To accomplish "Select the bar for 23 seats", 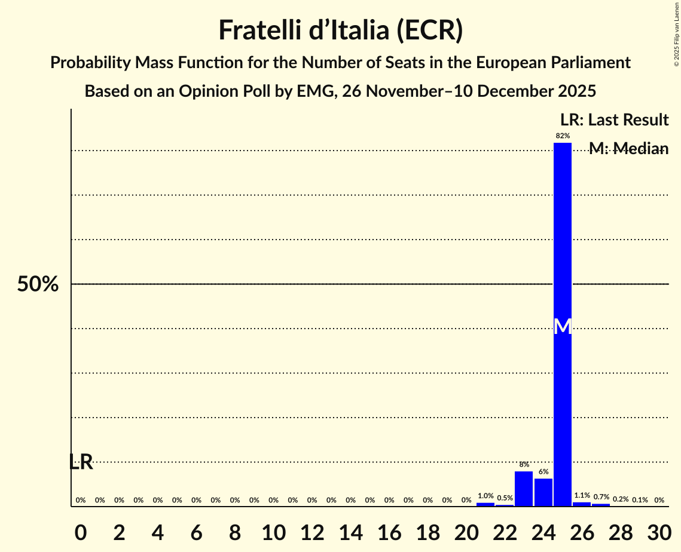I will (x=524, y=489).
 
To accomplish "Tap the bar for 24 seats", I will (x=543, y=492).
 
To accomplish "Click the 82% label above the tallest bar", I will (x=563, y=136).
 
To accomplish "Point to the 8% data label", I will (x=524, y=465).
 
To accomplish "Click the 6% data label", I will (x=543, y=472).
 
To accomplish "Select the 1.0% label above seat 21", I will (x=485, y=496).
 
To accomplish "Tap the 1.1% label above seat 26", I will (x=582, y=496).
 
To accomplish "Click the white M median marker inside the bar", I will (x=563, y=326).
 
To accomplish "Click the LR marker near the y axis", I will (x=81, y=462).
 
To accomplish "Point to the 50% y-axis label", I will (x=38, y=284).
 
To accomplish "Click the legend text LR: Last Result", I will (x=614, y=120).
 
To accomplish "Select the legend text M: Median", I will (x=628, y=149).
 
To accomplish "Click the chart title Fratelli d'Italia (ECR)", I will (x=340, y=30).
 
